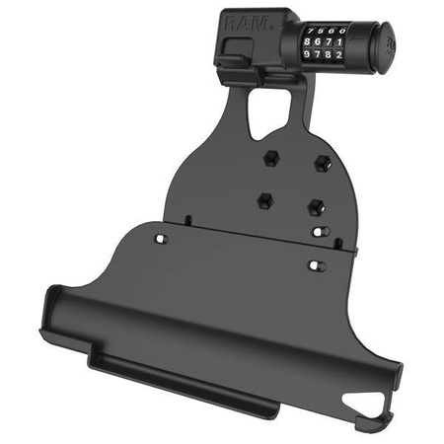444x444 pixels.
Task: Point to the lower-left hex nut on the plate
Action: (x=262, y=199)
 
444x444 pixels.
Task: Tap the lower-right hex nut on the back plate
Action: (x=315, y=207)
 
